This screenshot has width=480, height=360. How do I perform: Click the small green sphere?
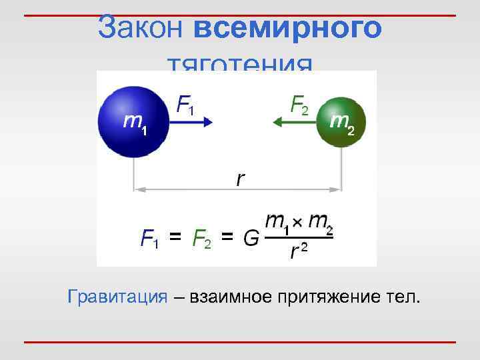pyautogui.click(x=341, y=121)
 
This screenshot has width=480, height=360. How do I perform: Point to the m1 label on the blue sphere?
pyautogui.click(x=135, y=123)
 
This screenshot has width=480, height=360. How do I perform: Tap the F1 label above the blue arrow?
pyautogui.click(x=185, y=103)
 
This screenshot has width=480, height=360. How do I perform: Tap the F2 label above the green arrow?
pyautogui.click(x=299, y=103)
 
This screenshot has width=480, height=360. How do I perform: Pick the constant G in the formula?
pyautogui.click(x=251, y=237)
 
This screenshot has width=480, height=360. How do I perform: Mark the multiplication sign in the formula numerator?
pyautogui.click(x=298, y=221)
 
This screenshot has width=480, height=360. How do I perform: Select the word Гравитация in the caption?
pyautogui.click(x=117, y=297)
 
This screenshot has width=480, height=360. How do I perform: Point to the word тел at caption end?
pyautogui.click(x=405, y=297)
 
